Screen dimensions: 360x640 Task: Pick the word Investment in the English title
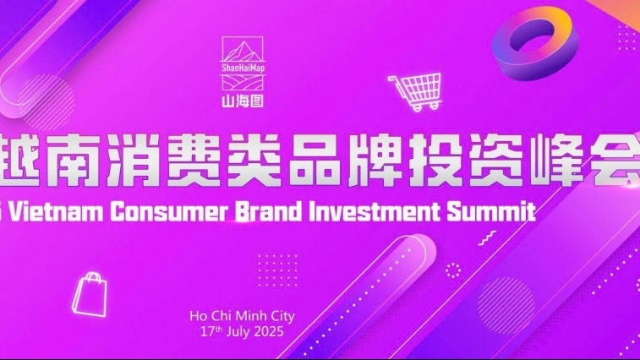point(380,210)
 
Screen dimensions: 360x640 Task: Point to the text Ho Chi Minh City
point(243,317)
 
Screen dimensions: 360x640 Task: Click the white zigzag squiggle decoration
point(487,239)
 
